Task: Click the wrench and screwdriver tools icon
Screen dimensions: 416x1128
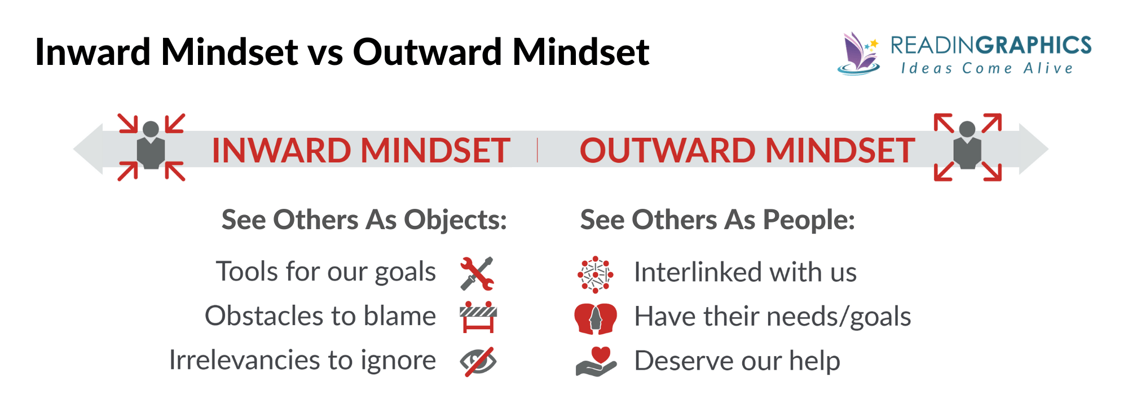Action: point(477,274)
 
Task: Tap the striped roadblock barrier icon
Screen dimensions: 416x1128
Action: point(478,317)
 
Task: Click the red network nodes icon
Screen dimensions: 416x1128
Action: point(595,274)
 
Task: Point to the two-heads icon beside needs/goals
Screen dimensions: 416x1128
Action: point(595,318)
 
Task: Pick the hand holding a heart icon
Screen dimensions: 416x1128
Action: point(596,361)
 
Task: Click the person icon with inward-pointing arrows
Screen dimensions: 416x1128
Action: point(151,147)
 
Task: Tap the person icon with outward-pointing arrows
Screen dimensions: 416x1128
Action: point(967,147)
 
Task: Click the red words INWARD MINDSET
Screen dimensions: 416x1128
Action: point(361,151)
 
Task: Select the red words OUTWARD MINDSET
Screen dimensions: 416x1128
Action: point(747,151)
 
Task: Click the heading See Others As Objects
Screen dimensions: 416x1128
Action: point(364,220)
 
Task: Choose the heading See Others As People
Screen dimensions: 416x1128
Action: point(717,220)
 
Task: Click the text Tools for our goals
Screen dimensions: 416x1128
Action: point(326,272)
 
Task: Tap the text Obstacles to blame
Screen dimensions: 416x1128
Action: point(320,316)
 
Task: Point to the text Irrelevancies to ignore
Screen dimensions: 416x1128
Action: point(302,360)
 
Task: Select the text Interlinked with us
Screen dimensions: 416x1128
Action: point(745,272)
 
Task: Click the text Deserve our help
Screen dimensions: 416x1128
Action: point(737,361)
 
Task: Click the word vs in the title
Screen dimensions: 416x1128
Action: point(325,52)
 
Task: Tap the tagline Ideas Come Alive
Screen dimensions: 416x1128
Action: point(987,68)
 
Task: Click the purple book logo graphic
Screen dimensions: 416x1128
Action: point(858,54)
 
